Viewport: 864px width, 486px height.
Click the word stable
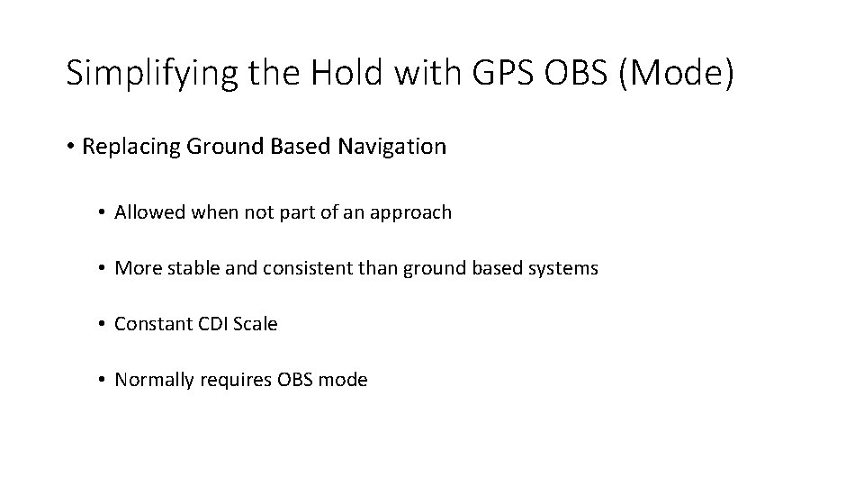(x=188, y=268)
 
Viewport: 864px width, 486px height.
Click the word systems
(x=564, y=269)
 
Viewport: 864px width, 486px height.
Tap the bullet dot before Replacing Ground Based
(x=71, y=148)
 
